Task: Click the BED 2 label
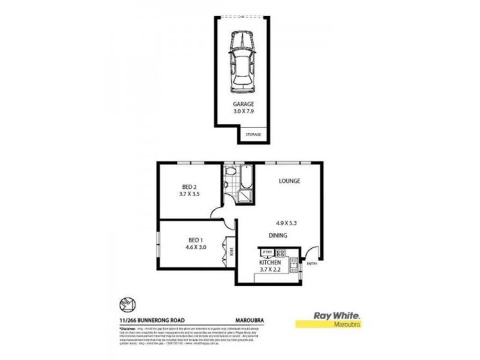188,187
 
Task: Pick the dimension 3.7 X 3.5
188,195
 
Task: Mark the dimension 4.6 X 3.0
194,246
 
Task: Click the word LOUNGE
289,181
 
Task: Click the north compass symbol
127,305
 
